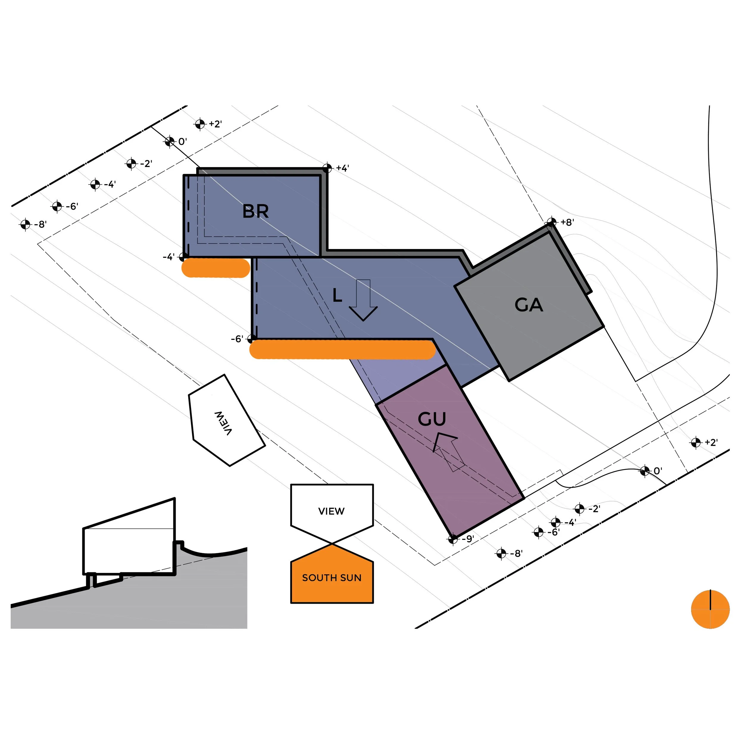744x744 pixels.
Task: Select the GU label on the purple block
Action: [432, 419]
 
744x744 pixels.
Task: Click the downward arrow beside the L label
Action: [363, 300]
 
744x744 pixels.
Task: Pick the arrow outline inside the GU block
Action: [449, 451]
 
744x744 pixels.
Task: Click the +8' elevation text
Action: [567, 222]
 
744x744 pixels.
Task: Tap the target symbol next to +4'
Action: [327, 168]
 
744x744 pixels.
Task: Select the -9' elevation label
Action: [468, 539]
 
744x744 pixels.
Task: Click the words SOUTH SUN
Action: [332, 578]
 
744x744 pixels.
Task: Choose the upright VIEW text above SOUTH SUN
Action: [331, 511]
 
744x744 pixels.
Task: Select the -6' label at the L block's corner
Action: [237, 339]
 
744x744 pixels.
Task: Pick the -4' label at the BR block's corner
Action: [169, 257]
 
